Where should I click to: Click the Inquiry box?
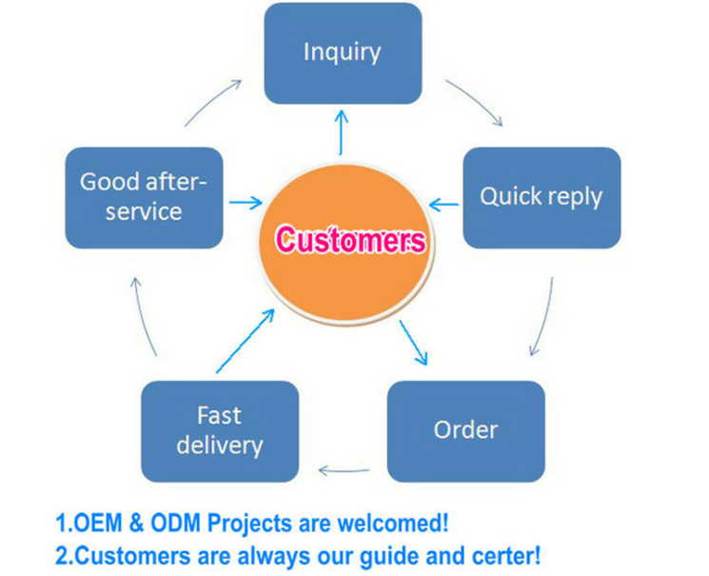(342, 53)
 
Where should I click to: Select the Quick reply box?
(541, 197)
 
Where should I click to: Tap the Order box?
(465, 430)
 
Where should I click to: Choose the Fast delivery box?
(219, 430)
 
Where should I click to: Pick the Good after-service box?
(144, 197)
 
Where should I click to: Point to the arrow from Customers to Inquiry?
(342, 132)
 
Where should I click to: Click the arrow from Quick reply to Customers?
(444, 203)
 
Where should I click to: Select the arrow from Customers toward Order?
(414, 343)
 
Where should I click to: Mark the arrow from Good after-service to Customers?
(246, 203)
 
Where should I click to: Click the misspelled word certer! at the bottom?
(503, 554)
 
